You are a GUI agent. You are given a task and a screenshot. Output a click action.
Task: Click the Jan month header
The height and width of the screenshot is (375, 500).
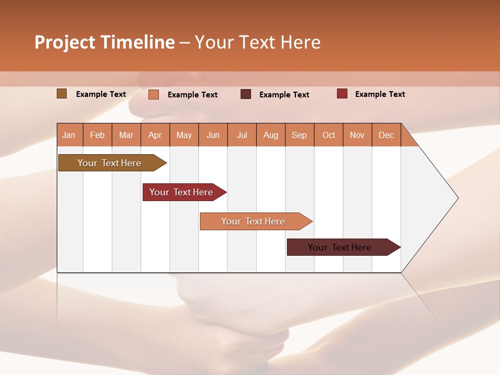[69, 135]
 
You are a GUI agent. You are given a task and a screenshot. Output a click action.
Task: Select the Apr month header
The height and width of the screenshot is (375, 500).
[155, 135]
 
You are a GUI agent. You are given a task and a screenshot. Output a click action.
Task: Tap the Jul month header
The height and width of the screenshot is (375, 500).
[242, 135]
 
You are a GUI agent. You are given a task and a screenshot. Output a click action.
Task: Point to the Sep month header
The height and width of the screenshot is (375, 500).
[299, 135]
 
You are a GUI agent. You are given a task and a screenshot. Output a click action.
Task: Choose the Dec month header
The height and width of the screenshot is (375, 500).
[386, 135]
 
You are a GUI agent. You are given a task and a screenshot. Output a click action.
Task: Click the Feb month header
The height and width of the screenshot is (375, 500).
[97, 135]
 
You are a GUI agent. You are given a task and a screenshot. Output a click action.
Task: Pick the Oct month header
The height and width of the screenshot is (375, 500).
[329, 135]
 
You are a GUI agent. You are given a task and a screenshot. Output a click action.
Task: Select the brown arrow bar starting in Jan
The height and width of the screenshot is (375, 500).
[109, 163]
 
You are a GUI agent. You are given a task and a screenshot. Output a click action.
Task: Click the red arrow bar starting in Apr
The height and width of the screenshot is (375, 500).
[181, 192]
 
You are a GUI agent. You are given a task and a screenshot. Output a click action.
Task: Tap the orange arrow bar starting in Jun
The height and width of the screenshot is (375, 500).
[253, 221]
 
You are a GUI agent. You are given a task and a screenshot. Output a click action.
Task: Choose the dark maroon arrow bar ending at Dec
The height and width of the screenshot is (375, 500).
[340, 247]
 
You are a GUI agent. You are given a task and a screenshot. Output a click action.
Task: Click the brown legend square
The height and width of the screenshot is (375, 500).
[61, 94]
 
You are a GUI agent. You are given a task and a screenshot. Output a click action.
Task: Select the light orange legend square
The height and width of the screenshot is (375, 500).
[154, 94]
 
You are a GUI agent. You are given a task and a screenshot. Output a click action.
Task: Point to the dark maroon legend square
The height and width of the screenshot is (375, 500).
[246, 94]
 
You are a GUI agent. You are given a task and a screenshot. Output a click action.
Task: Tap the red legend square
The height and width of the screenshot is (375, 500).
[342, 94]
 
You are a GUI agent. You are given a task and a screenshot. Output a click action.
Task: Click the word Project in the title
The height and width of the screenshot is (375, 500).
[65, 42]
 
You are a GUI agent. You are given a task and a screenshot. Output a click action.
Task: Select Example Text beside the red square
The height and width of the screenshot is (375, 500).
[380, 94]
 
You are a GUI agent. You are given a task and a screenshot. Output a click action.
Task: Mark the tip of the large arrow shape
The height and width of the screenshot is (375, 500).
[457, 198]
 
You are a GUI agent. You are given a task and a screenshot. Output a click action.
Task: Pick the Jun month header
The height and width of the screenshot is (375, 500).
[213, 135]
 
